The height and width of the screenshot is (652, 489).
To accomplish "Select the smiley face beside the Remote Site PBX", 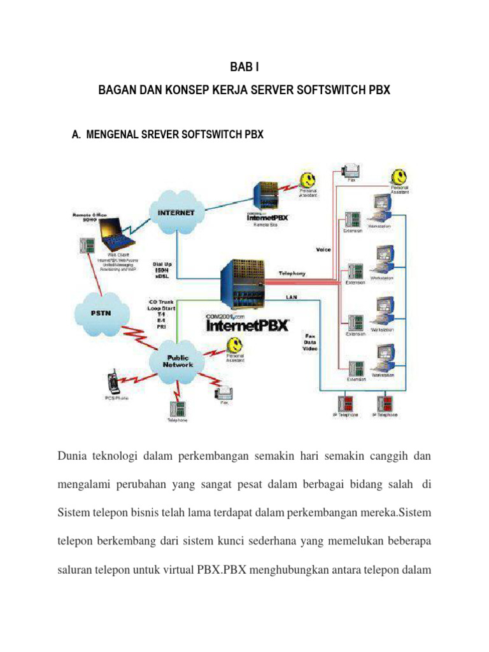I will [x=308, y=177].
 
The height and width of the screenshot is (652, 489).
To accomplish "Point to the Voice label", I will [x=323, y=250].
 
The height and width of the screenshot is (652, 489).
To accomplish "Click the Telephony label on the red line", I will [x=292, y=273].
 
